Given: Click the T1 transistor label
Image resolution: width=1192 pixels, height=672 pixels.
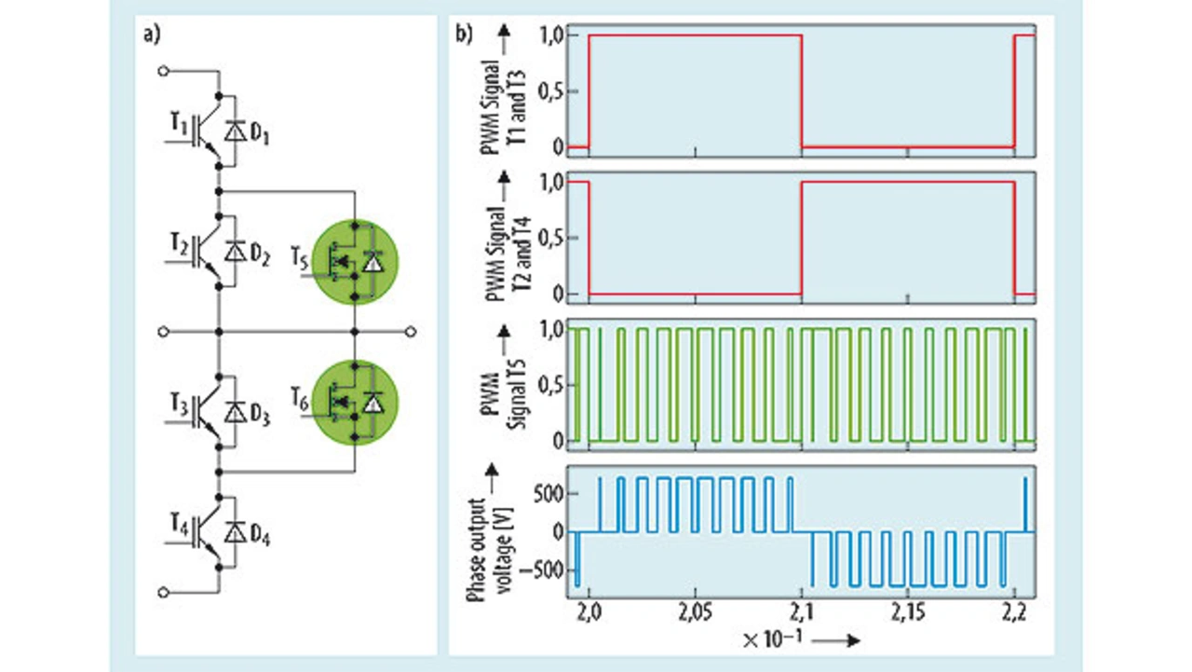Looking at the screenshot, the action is coord(179,125).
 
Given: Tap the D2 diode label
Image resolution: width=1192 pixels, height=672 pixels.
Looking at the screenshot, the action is coord(260,255).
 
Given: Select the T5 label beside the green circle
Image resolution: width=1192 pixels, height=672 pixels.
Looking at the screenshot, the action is coord(300,258).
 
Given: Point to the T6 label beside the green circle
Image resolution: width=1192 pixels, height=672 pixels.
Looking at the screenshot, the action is coord(300,399).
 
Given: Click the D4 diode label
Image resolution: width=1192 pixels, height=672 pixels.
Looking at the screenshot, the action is coord(260,536).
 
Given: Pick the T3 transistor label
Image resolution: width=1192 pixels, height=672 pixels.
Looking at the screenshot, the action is coord(179,405).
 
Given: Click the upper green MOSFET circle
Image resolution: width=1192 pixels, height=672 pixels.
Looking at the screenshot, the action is coord(355,262).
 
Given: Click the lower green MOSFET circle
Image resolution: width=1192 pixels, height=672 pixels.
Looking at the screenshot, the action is coord(355,403).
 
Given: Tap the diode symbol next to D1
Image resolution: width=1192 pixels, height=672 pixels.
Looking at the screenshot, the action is coord(236,131).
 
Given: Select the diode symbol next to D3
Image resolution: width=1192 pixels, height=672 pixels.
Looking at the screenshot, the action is coord(236,412).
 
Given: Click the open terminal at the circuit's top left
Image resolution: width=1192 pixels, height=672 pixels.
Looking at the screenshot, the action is coord(164,71).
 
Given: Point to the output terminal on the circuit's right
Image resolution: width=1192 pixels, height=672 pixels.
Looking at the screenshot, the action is coord(411,332).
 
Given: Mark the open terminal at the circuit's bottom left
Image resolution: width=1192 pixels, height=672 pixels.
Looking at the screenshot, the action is coord(164,592).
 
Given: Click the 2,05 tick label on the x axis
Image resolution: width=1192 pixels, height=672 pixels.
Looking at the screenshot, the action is coord(695,613).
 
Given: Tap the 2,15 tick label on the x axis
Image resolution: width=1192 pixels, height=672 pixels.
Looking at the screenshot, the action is coord(908,613).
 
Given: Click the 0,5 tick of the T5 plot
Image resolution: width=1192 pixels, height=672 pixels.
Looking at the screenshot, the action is coord(550,384).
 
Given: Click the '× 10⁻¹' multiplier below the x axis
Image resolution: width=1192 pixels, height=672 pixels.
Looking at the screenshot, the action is coord(772,639).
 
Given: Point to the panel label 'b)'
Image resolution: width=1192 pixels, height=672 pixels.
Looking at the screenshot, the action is coord(464,34).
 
